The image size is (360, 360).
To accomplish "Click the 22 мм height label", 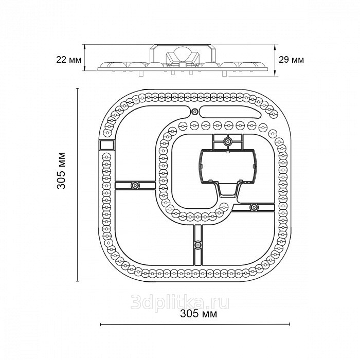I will [68, 60].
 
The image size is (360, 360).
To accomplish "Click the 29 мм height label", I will [291, 60].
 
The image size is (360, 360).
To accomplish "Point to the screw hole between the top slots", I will [194, 112].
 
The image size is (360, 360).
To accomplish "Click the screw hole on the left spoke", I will [135, 185].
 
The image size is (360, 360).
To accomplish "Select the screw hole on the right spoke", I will [254, 207].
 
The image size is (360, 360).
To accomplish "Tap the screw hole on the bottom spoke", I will [197, 244].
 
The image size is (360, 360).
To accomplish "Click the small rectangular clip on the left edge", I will [105, 146].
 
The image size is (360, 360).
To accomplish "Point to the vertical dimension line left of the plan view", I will [78, 185].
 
